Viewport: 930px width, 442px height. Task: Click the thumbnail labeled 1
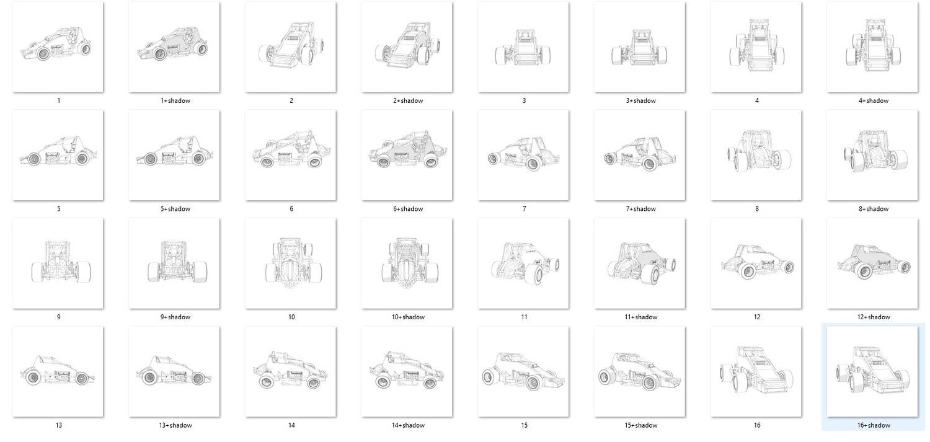(58, 47)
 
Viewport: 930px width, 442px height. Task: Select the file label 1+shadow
(175, 100)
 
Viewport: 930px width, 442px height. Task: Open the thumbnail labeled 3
(523, 47)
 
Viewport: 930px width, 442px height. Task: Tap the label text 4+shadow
(874, 100)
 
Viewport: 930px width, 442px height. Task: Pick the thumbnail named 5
(58, 155)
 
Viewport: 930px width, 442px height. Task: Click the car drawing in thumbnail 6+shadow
(408, 150)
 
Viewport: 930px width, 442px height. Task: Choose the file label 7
(524, 209)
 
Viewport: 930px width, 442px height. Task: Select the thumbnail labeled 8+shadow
(872, 155)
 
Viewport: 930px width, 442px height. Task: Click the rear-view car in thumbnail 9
(61, 262)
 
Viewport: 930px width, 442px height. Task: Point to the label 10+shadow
(408, 317)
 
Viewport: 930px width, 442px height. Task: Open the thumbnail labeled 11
(523, 263)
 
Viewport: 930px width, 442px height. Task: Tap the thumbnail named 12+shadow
(872, 263)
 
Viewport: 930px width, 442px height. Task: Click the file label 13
(58, 425)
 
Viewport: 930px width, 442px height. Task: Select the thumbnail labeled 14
(291, 371)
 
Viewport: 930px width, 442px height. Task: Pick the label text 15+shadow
(640, 425)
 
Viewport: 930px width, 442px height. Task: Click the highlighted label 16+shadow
(874, 425)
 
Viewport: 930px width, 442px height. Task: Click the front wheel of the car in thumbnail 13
(81, 379)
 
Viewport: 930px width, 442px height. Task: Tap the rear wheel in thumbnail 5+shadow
(199, 159)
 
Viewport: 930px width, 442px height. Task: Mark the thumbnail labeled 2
(291, 47)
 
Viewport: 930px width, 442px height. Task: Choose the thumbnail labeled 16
(756, 371)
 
